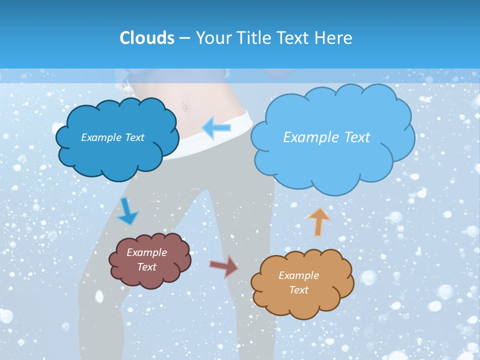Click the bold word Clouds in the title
point(147,38)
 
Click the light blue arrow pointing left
point(217,128)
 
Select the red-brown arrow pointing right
point(224,266)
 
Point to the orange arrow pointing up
point(318,221)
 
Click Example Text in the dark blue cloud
point(112,137)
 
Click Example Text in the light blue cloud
point(326,137)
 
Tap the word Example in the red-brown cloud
point(146,252)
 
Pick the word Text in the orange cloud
point(298,290)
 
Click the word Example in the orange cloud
point(298,275)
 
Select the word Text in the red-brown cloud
point(146,267)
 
